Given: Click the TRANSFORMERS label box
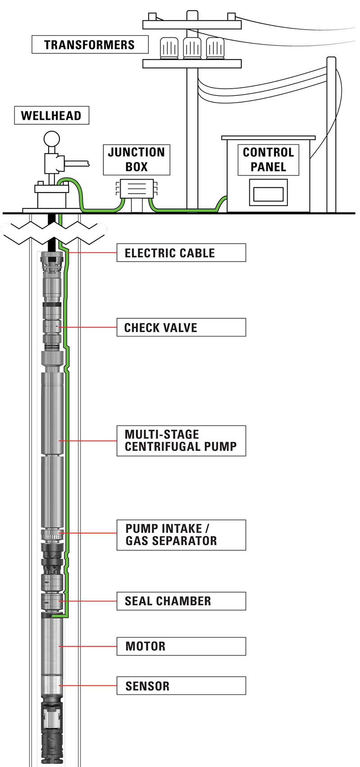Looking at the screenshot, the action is pos(90,45).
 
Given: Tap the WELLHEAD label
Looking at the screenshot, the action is pos(51,115).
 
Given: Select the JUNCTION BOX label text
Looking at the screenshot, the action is pos(136,159).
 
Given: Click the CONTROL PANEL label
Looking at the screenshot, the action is pos(268,159).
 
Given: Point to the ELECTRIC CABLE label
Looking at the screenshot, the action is pos(181,253).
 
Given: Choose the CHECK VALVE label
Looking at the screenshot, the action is pos(181,327).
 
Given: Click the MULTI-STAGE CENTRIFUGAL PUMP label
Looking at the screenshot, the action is pos(181,441).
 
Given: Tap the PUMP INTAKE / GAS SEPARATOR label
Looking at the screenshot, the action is pos(181,535).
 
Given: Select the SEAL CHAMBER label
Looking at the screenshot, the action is pos(181,601).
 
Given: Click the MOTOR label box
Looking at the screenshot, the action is pos(181,646).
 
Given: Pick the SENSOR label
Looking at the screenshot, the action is pos(181,686).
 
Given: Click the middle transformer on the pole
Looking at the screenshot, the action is pos(192,47).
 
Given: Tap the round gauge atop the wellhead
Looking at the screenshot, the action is pos(52,140).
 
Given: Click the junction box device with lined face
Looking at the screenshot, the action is pos(136,189).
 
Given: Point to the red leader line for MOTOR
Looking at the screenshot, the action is pos(88,646).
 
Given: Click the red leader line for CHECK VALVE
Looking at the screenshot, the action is pos(88,327).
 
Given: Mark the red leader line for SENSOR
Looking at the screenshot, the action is pos(88,686).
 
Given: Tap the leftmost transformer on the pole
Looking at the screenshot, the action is pos(169,47).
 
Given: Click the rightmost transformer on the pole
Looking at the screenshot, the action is pos(215,47).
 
